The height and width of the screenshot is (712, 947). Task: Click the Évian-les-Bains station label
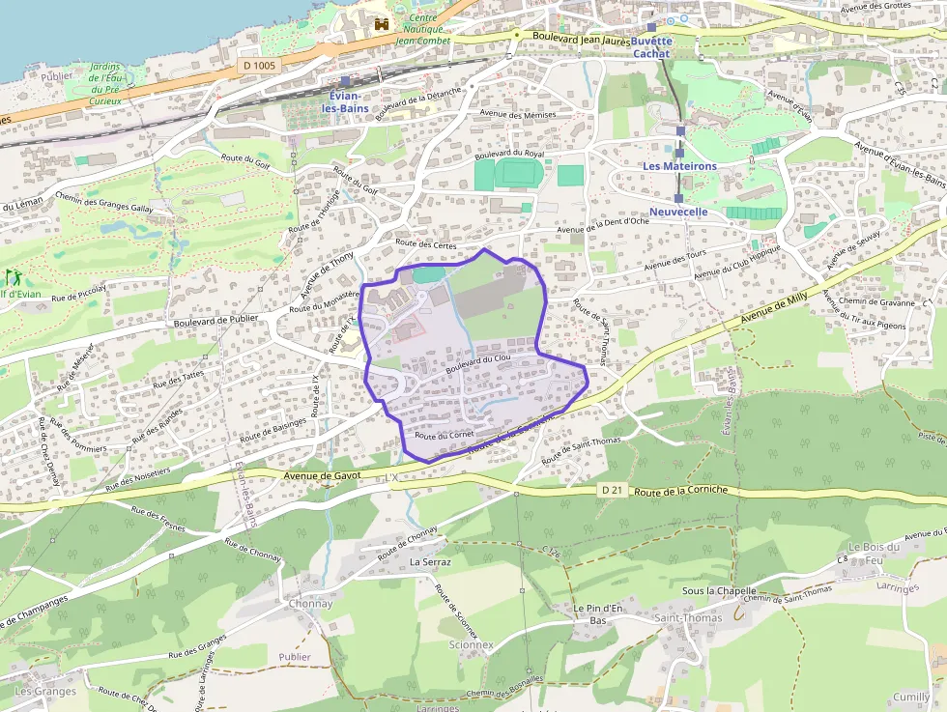(x=344, y=102)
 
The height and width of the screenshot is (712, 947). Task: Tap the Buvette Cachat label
(x=652, y=47)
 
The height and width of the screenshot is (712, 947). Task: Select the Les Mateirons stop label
(x=680, y=166)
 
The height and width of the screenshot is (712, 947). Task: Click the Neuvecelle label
(x=678, y=212)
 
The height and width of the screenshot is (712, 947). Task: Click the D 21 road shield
(x=612, y=490)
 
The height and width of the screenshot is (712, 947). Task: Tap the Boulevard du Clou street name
(x=478, y=365)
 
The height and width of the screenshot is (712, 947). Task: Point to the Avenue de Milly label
(x=773, y=309)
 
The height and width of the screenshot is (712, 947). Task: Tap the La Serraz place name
(x=430, y=561)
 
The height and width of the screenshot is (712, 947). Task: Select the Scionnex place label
(x=472, y=644)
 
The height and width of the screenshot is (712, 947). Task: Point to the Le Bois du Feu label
(x=874, y=554)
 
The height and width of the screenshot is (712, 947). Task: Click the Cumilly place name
(x=911, y=697)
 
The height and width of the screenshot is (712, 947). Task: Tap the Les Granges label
(x=45, y=691)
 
